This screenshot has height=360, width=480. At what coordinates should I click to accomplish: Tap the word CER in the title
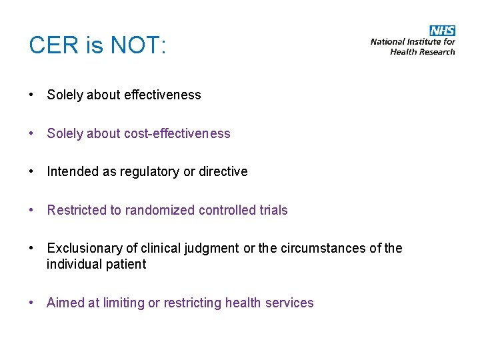(51, 46)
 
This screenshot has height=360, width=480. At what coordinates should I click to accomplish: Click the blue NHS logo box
(443, 31)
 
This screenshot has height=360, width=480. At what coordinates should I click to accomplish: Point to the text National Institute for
(413, 42)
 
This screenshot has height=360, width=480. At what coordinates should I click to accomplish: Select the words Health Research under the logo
(423, 51)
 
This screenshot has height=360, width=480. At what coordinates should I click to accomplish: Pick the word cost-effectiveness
(177, 133)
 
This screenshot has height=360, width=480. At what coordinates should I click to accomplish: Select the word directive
(224, 171)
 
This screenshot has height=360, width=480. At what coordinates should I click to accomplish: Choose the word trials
(273, 210)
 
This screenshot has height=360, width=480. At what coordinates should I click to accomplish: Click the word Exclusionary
(85, 249)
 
